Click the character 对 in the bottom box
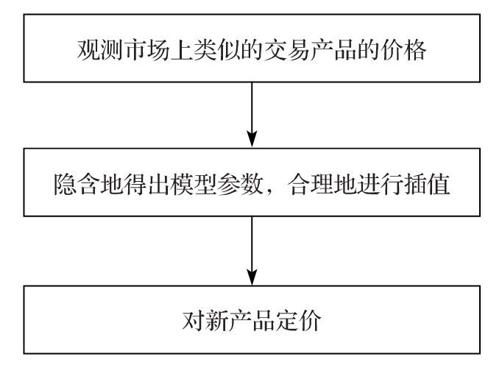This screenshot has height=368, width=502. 193,321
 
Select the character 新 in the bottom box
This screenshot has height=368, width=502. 216,321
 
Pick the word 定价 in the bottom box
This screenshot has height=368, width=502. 298,321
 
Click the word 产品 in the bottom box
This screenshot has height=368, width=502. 252,321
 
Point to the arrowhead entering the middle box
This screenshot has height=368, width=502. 252,139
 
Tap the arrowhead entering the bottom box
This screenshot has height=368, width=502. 252,277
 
